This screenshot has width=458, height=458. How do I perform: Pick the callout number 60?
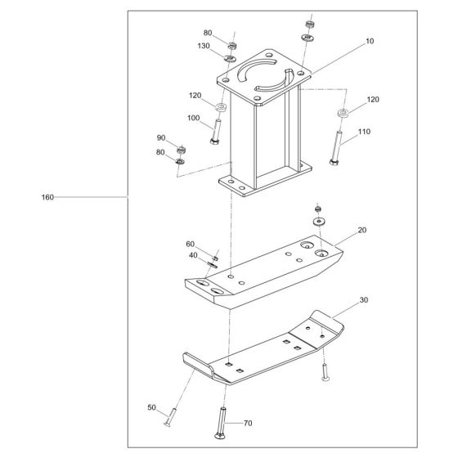[191, 244]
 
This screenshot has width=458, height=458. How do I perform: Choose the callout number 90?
[160, 138]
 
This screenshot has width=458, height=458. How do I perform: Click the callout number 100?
[194, 119]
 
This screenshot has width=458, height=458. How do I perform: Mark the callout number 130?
[203, 46]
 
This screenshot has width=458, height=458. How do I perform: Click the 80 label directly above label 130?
[208, 33]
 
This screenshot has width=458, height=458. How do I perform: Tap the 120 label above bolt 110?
[372, 99]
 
